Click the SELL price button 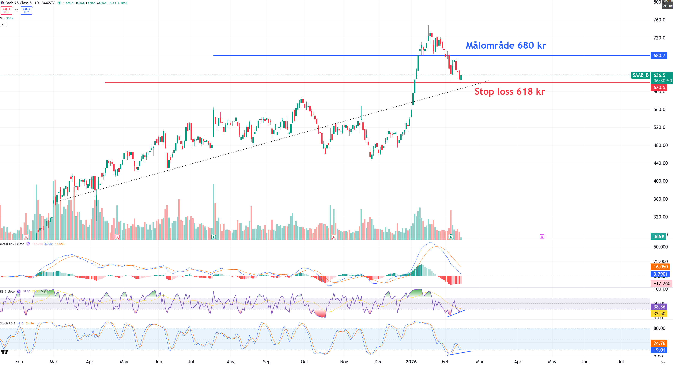(6, 10)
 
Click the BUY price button (26, 10)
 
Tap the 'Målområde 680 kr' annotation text (506, 45)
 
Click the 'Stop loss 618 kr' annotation (509, 92)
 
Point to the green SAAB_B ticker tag (640, 75)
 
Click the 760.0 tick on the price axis (659, 20)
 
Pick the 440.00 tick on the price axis (660, 163)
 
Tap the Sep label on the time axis (267, 362)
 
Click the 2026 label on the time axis (411, 362)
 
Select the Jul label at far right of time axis (621, 362)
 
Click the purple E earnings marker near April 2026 (542, 237)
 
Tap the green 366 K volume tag (658, 237)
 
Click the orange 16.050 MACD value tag (660, 267)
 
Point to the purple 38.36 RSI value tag (659, 307)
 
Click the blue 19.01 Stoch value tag (659, 350)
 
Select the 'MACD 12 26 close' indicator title (12, 244)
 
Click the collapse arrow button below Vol (3, 24)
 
